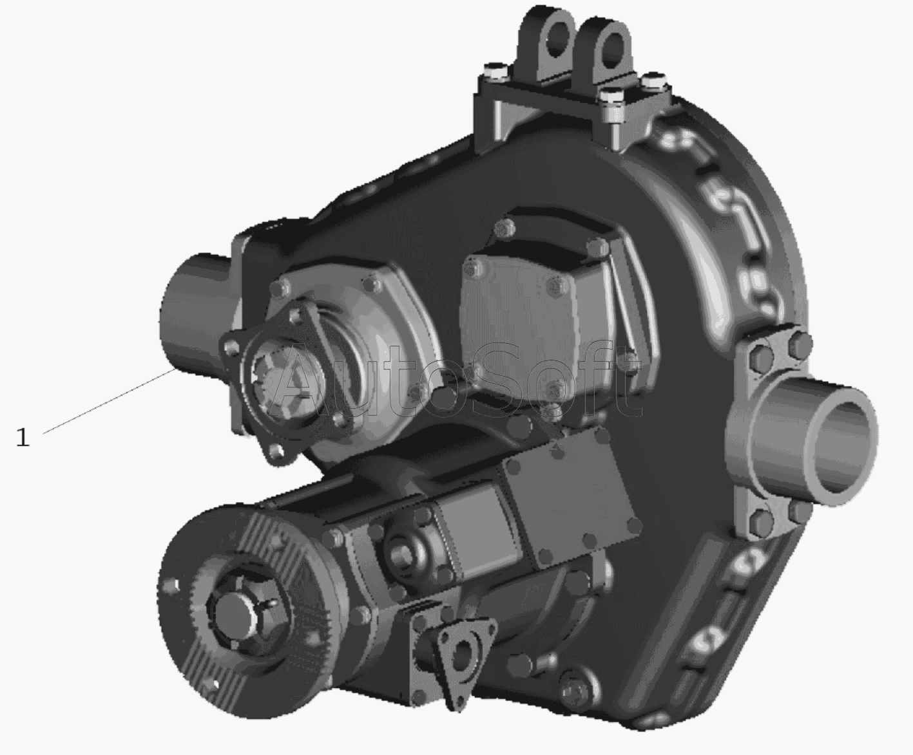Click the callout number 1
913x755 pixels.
(x=23, y=437)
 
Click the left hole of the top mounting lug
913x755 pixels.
(x=556, y=39)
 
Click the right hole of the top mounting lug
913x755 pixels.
(x=613, y=48)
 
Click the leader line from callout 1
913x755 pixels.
(x=110, y=402)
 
